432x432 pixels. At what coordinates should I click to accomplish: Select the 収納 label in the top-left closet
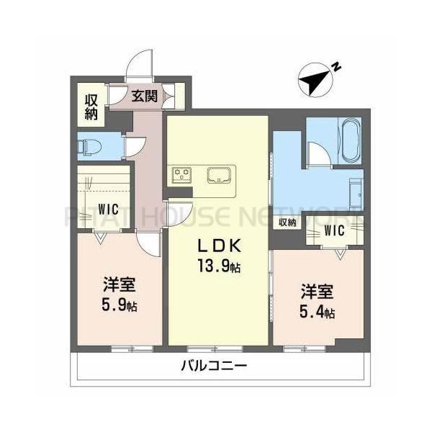(x=91, y=106)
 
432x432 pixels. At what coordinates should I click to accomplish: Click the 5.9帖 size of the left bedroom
(x=120, y=305)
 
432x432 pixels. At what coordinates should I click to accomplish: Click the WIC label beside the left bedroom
(x=109, y=209)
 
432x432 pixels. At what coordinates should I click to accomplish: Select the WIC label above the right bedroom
(x=333, y=230)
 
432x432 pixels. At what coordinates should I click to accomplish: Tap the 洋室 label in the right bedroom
(x=318, y=292)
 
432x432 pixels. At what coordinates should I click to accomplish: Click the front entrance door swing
(x=139, y=68)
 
